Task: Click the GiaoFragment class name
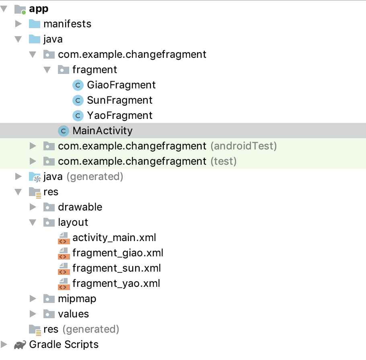point(121,85)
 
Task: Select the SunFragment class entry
point(119,100)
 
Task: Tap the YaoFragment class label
point(119,115)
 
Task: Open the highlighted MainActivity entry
point(102,131)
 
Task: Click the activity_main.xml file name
point(114,237)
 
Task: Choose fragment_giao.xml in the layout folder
point(118,253)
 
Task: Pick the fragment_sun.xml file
point(117,268)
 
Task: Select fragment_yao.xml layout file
point(116,283)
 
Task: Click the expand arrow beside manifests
point(18,24)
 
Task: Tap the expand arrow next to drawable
point(33,207)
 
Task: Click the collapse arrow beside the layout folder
point(33,222)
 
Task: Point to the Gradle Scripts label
point(64,344)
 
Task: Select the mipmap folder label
point(77,299)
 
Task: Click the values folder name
point(73,314)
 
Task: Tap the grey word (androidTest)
point(244,146)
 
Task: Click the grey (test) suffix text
point(224,161)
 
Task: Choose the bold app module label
point(39,9)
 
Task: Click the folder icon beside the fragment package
point(64,70)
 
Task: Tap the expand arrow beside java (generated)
point(18,176)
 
